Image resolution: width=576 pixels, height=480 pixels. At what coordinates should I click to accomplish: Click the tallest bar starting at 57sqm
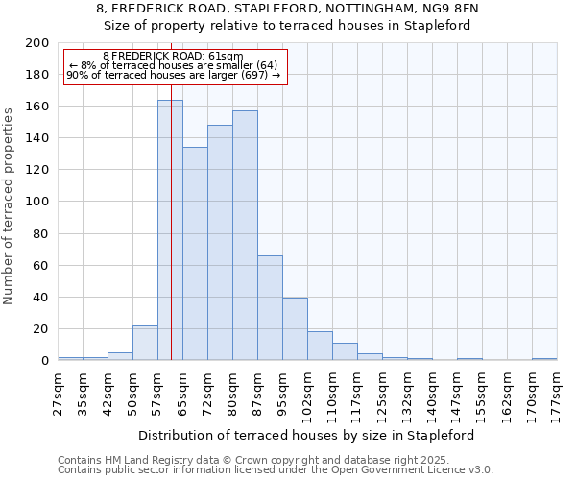click(170, 230)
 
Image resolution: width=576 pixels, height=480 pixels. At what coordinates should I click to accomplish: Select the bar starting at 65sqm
click(195, 254)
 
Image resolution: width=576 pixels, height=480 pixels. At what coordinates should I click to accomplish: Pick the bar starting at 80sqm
click(245, 236)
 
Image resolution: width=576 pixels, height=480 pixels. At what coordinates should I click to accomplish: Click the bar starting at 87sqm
click(270, 308)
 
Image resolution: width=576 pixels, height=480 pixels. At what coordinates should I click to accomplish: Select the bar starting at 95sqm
click(295, 329)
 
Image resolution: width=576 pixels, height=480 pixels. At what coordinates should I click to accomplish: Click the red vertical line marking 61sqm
click(171, 288)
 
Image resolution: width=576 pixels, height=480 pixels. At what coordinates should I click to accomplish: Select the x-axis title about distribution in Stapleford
click(307, 435)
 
